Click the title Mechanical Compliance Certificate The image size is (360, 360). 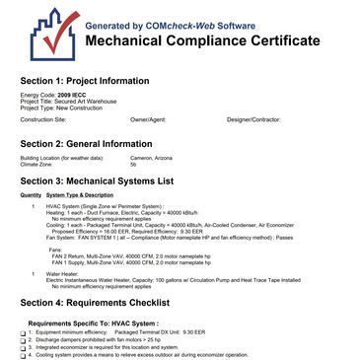(203, 41)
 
